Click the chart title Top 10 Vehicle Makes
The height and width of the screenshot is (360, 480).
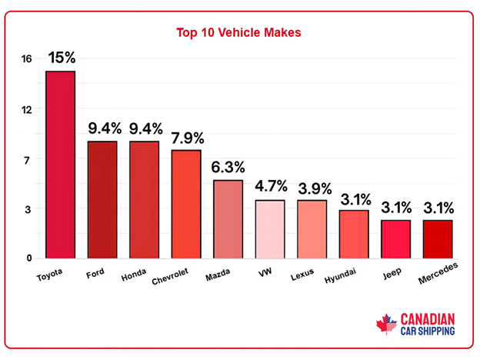click(239, 33)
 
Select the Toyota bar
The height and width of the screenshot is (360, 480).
click(60, 165)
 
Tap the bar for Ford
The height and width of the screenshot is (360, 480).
click(102, 200)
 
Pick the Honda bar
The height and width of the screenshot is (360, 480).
click(144, 200)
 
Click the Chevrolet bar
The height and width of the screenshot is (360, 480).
click(185, 204)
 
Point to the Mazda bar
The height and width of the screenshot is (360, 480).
click(228, 219)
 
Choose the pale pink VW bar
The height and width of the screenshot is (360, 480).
click(269, 229)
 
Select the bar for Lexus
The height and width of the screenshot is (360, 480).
click(312, 229)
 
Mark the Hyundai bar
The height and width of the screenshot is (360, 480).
click(353, 234)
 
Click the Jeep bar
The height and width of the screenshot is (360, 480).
click(395, 239)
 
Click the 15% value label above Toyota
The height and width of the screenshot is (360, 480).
click(61, 58)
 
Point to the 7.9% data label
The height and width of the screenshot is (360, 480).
click(186, 138)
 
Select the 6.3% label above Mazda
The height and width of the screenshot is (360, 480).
click(228, 167)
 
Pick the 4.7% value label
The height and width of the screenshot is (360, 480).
click(270, 186)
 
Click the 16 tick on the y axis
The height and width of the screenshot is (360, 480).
click(26, 59)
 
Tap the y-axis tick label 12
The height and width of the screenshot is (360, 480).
click(26, 109)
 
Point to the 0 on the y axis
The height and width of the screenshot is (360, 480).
click(29, 258)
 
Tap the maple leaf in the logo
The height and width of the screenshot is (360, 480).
click(386, 325)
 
